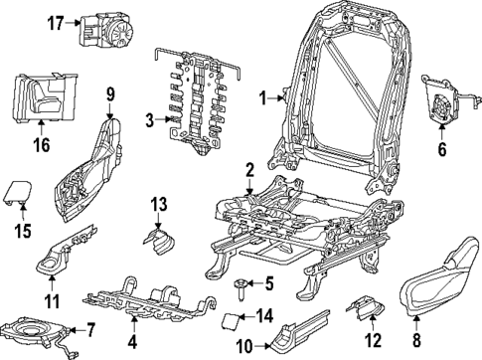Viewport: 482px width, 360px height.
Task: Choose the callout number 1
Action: (x=263, y=97)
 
